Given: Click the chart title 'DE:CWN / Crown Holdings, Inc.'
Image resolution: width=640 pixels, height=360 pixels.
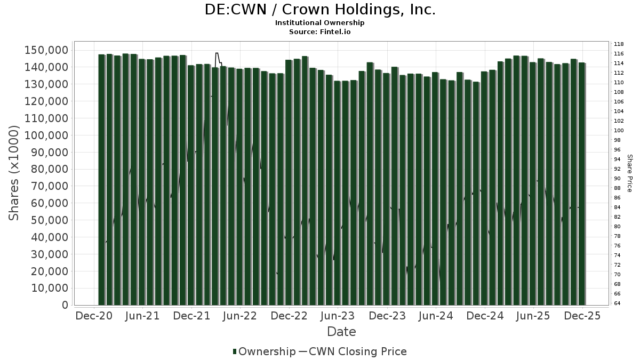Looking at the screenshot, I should click(320, 10).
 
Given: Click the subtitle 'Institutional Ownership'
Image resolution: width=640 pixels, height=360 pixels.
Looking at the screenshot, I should click(320, 23).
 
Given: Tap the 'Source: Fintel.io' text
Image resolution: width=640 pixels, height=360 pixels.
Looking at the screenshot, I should click(320, 31).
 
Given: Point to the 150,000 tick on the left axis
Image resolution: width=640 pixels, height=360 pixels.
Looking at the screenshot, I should click(47, 50).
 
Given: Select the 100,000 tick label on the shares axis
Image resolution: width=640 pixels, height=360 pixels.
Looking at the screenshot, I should click(47, 135).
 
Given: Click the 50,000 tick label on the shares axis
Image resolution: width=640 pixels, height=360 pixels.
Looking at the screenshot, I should click(50, 220).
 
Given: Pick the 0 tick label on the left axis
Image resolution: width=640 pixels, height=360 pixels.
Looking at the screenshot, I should click(65, 305).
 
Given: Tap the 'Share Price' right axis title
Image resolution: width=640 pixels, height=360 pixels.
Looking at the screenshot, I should click(629, 173).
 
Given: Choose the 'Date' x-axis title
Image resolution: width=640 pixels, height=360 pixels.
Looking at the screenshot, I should click(341, 332).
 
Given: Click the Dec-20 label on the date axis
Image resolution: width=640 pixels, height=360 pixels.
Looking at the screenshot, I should click(94, 316).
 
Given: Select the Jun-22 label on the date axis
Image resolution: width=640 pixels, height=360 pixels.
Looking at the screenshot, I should click(240, 316).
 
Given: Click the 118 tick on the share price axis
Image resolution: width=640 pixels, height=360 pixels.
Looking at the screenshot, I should click(619, 44).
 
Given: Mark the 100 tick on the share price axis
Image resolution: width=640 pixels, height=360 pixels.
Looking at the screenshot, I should click(619, 131).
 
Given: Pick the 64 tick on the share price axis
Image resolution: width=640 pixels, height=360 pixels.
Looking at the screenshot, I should click(617, 303).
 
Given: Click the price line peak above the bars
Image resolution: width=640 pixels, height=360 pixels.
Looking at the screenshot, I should click(217, 53).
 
